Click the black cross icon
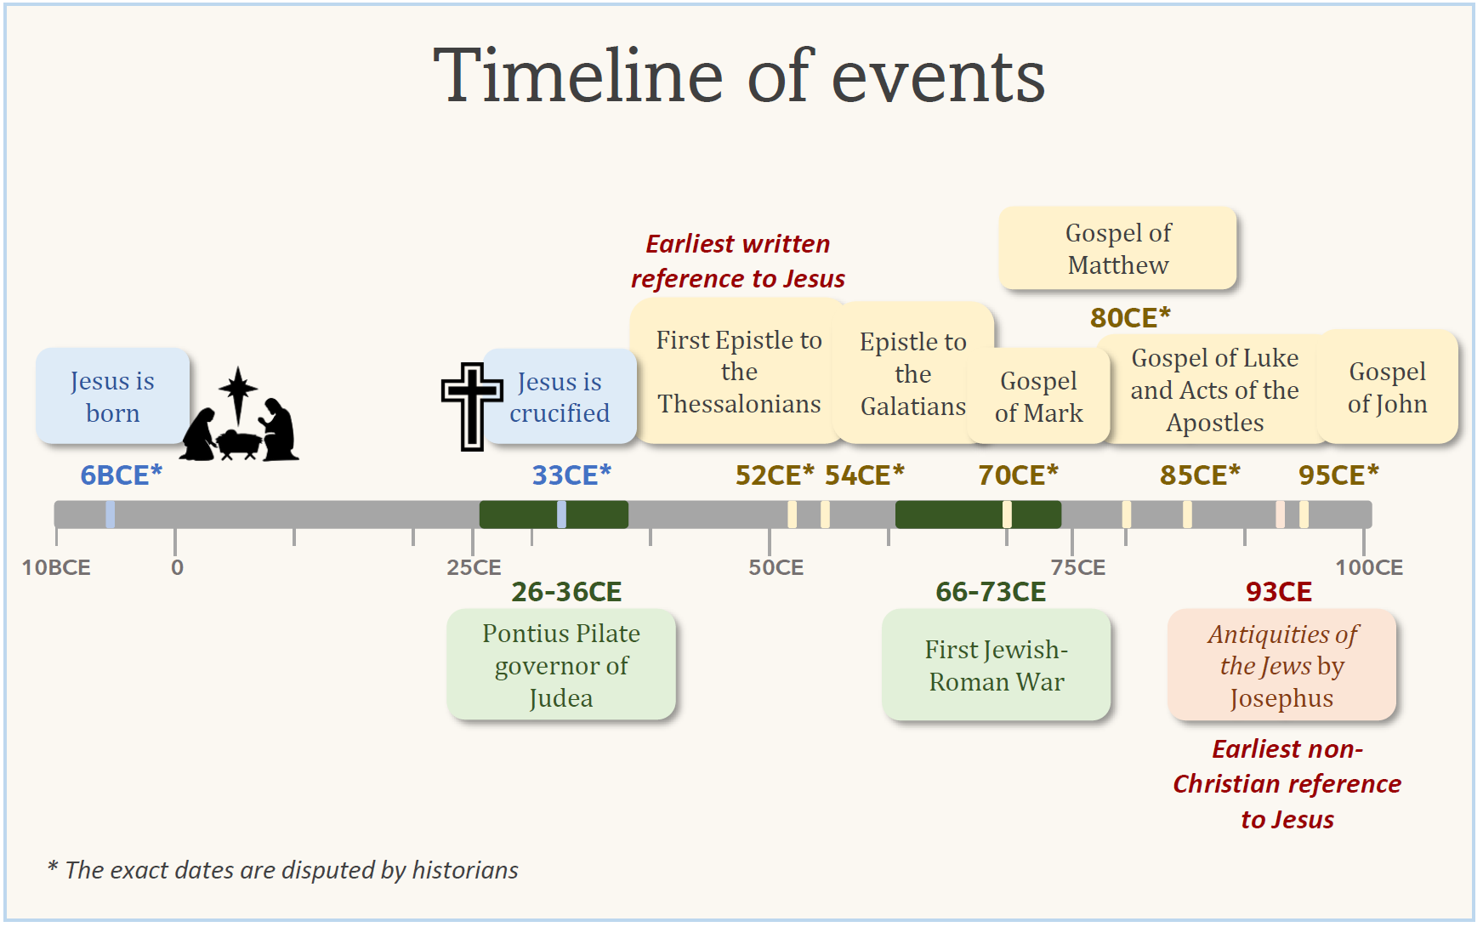(472, 407)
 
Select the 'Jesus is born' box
(113, 396)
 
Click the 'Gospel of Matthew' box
(1118, 248)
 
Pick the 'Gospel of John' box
(1388, 387)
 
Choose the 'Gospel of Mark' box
(1039, 396)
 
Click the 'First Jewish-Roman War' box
(997, 665)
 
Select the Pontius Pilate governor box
(561, 665)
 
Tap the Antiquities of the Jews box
(1282, 665)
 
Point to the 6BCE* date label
(121, 475)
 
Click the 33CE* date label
(571, 475)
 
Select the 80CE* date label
(1131, 318)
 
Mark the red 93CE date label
(1279, 592)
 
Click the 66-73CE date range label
(991, 592)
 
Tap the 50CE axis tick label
(776, 568)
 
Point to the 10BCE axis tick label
(56, 568)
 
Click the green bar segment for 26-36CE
(554, 515)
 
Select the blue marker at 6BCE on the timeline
(111, 515)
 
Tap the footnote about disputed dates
(282, 870)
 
